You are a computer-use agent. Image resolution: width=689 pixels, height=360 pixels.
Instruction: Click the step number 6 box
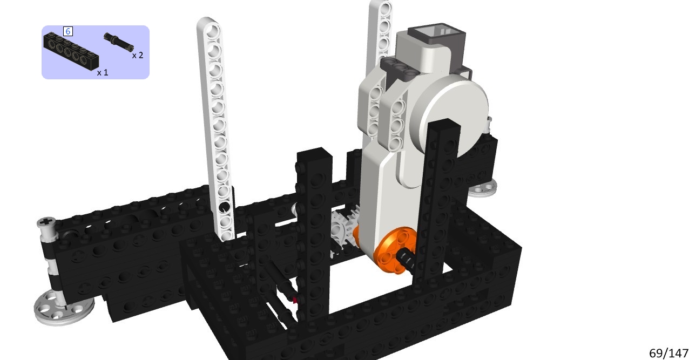coord(68,31)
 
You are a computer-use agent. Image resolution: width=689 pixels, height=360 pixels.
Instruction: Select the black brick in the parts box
coord(71,50)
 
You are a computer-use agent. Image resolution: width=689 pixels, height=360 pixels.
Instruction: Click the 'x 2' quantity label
coord(138,56)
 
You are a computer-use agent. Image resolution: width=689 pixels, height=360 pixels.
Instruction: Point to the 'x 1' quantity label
coord(103,72)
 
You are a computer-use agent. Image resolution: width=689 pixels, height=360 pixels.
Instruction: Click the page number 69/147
coord(668,353)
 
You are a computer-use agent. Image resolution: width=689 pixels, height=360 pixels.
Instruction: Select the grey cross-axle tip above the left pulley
coord(46,222)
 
